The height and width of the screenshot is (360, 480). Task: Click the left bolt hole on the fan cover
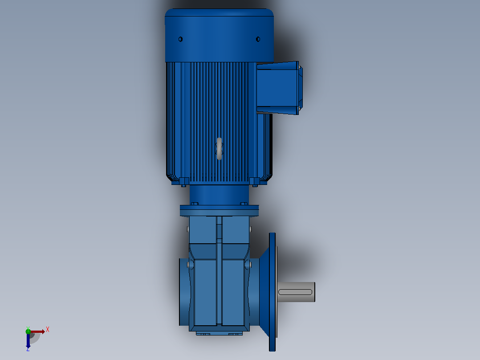coord(181,39)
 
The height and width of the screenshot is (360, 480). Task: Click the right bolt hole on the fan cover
coord(258,39)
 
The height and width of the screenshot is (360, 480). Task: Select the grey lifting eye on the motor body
coord(219,149)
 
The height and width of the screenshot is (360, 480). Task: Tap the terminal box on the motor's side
coord(279,88)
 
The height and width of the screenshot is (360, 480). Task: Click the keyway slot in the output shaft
coord(295,292)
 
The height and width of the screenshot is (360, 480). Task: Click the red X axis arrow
coord(38,331)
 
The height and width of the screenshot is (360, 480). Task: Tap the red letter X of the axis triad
coord(48,330)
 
